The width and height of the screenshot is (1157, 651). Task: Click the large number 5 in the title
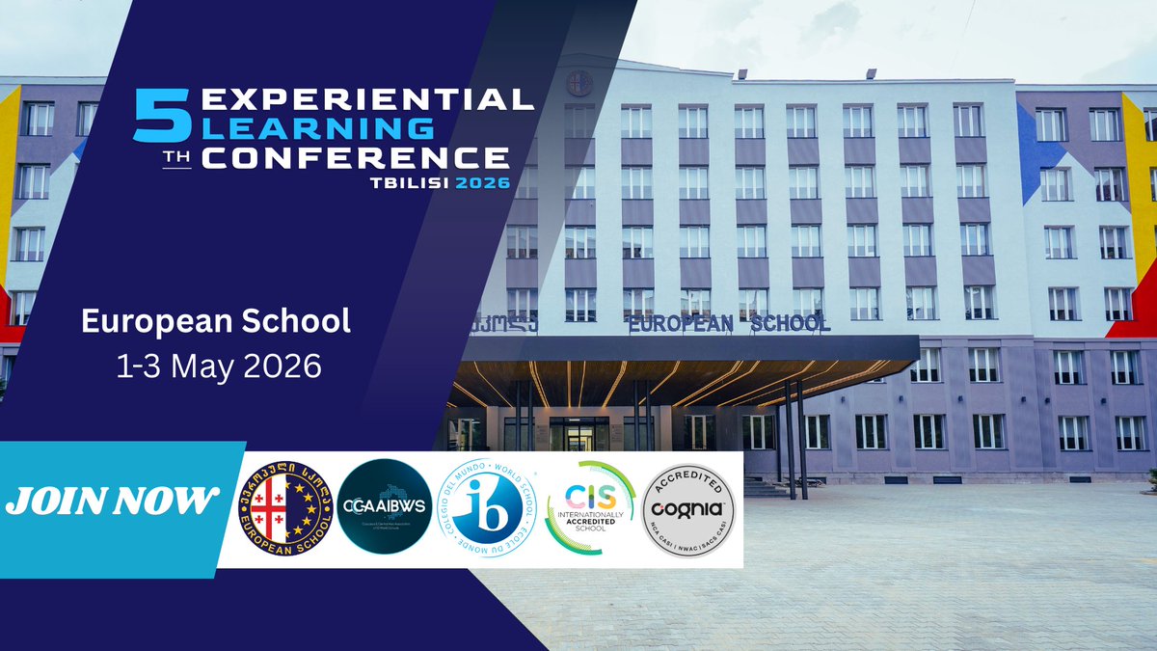pyautogui.click(x=153, y=117)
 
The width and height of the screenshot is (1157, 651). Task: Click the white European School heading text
pyautogui.click(x=216, y=322)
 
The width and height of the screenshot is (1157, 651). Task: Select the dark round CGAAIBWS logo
pyautogui.click(x=386, y=506)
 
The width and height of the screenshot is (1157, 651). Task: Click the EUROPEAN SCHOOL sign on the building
pyautogui.click(x=729, y=324)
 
